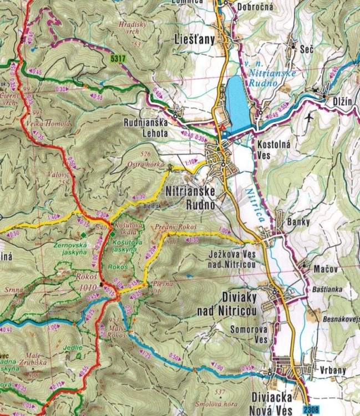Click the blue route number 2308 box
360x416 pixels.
point(312,409)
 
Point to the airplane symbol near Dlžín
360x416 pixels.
point(309,118)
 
